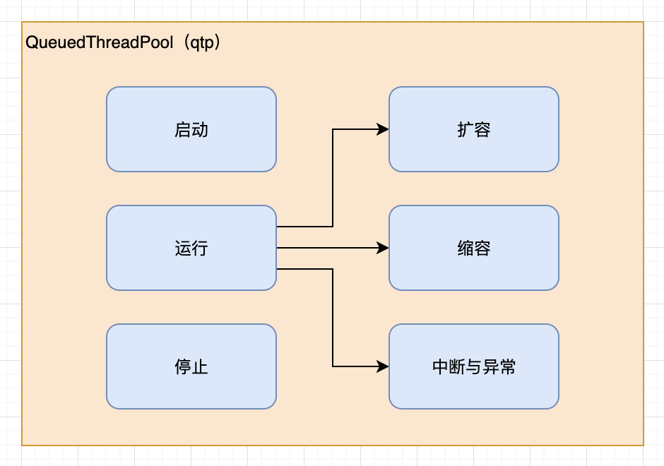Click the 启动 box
click(191, 129)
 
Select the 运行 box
click(191, 248)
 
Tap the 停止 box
click(191, 366)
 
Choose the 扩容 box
click(473, 129)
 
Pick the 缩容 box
click(473, 248)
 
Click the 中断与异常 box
click(473, 366)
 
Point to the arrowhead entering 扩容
click(384, 129)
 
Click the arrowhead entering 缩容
click(384, 248)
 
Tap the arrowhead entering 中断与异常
click(384, 366)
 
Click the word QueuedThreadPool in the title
click(99, 42)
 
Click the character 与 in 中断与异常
click(473, 366)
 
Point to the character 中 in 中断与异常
click(440, 366)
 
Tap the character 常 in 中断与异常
click(507, 366)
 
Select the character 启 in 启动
click(182, 130)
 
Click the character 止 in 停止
click(200, 367)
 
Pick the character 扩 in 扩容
click(465, 130)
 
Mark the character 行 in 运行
click(200, 249)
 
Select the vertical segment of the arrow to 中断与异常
click(333, 318)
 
